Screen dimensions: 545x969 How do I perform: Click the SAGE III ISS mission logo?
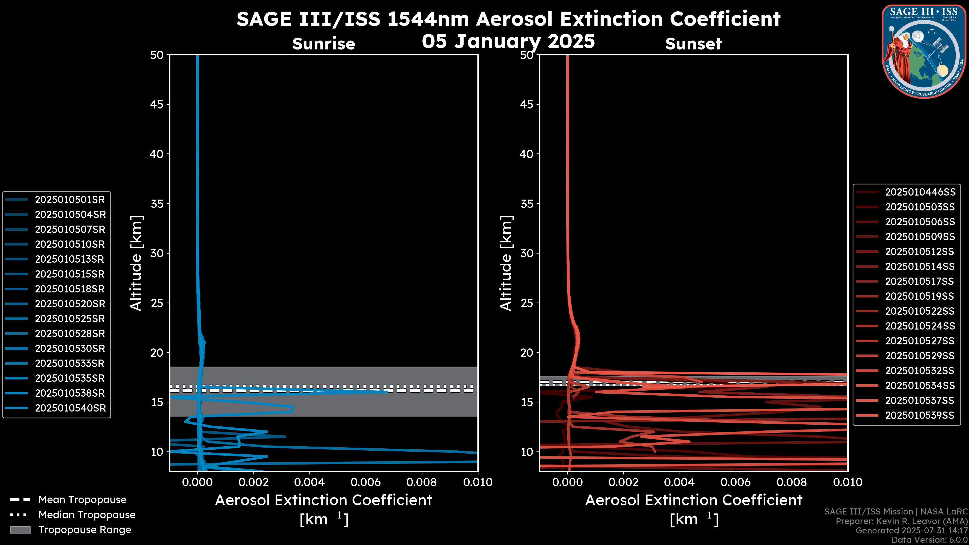(924, 51)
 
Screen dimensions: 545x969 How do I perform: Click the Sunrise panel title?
(324, 44)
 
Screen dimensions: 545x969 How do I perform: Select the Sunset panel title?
(693, 44)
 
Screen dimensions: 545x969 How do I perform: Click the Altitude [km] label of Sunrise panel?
(136, 263)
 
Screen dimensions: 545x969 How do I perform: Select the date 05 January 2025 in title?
(508, 41)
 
